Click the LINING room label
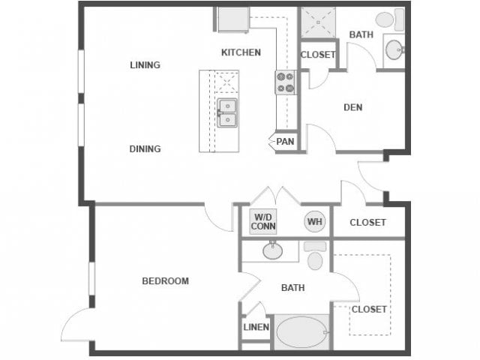pos(145,65)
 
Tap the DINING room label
pos(145,148)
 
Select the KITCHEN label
pos(241,52)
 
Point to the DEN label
pos(352,107)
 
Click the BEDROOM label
pos(165,281)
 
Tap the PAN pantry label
pos(285,141)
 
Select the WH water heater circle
pos(313,221)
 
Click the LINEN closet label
pos(256,327)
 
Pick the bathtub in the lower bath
pos(301,331)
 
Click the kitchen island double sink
pos(226,113)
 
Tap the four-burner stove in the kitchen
pos(285,82)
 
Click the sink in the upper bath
pos(394,49)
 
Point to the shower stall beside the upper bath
pos(318,22)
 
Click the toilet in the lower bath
pos(315,256)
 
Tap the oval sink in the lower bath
pos(272,250)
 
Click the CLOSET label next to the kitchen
pos(318,55)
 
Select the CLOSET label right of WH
pos(367,223)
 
